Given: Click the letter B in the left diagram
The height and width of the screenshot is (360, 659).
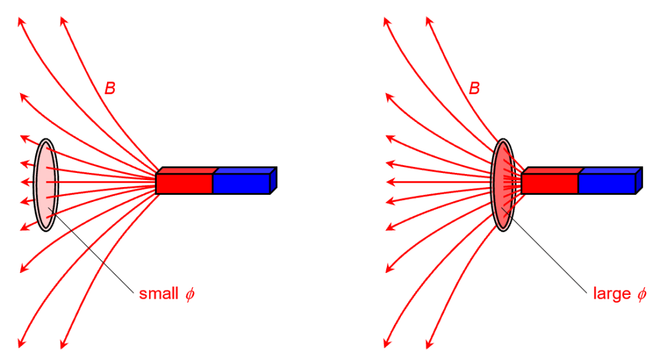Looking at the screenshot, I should (x=110, y=88).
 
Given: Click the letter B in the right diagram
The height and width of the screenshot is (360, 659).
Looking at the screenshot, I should (x=475, y=88).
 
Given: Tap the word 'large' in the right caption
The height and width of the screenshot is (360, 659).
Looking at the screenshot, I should (x=611, y=294).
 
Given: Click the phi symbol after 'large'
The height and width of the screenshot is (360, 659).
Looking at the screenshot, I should (x=641, y=295).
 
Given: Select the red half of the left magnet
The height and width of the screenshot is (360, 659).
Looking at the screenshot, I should (x=184, y=183).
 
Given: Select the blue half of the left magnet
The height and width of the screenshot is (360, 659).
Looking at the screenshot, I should (x=241, y=183).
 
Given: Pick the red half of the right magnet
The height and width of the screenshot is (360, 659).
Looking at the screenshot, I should (x=549, y=183).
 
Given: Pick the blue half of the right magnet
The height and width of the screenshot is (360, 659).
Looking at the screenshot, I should (x=606, y=183).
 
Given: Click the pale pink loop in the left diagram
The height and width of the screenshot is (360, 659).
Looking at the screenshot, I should (x=45, y=185).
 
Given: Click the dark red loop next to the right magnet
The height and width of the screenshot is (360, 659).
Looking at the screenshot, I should (x=502, y=185).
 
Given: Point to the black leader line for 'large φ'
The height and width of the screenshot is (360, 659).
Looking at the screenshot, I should (x=548, y=252).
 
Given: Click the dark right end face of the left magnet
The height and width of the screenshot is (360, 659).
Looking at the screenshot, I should (x=273, y=180).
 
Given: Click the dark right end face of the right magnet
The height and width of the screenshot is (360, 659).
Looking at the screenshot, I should (x=639, y=180).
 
